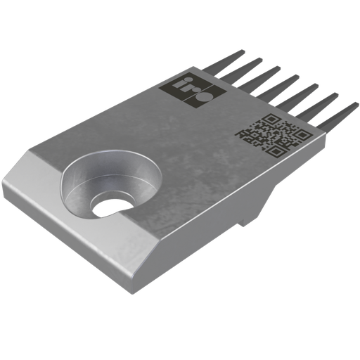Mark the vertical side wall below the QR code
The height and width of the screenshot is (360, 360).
click(x=281, y=190)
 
